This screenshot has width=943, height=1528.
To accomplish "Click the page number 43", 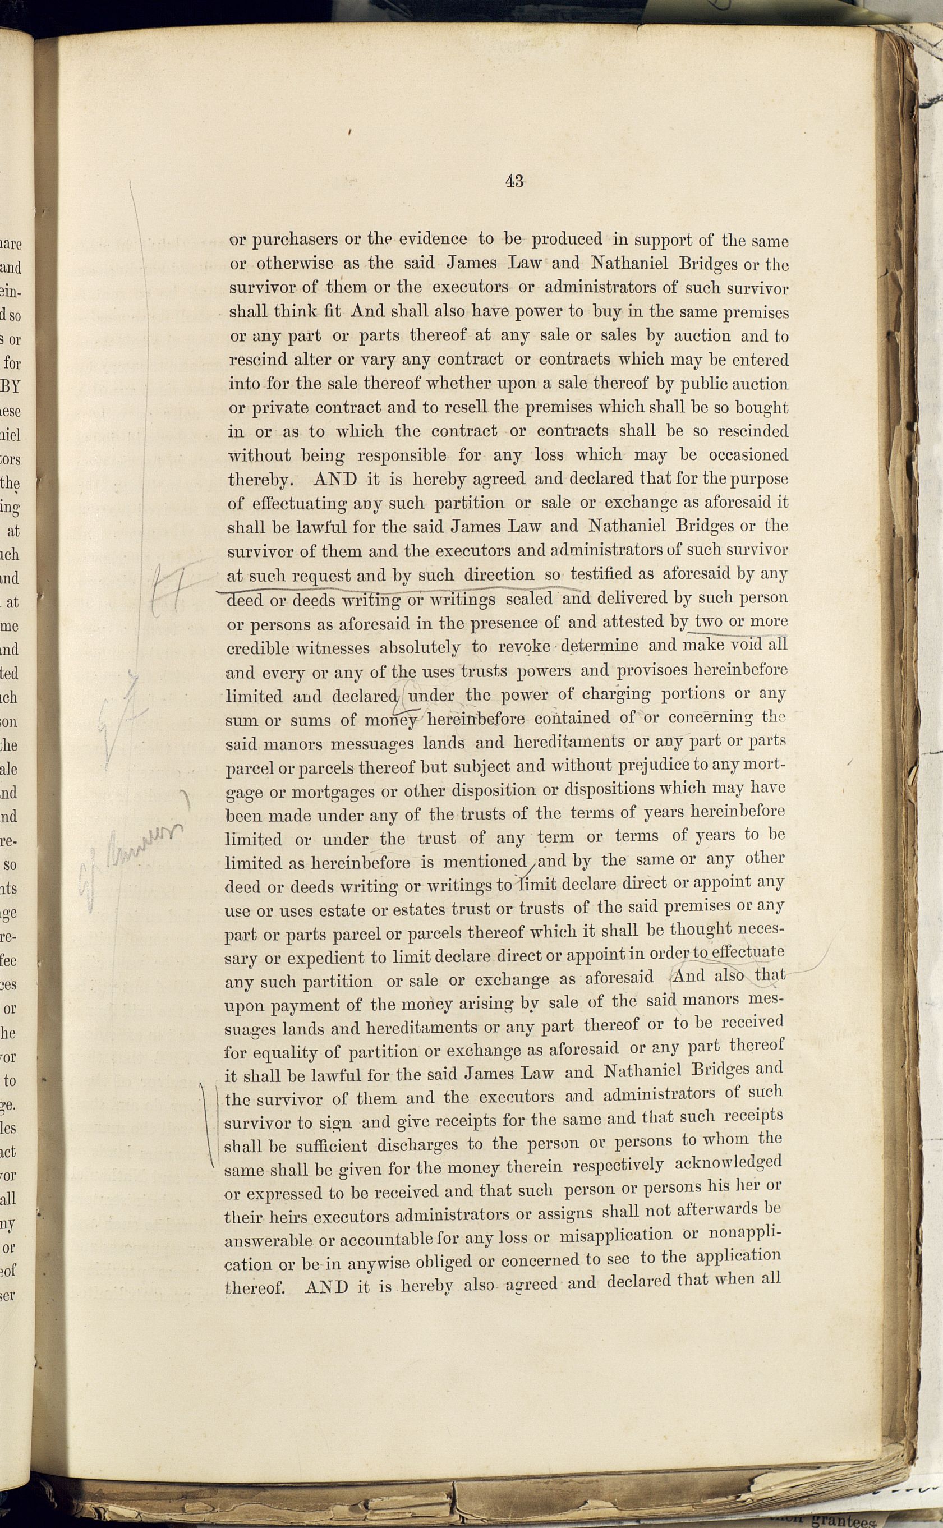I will tap(514, 182).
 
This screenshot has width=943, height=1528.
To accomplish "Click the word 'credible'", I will tap(257, 648).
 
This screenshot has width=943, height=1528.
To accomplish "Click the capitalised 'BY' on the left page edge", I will tap(11, 386).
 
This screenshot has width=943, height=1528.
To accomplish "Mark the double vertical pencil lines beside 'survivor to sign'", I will tap(211, 1122).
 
